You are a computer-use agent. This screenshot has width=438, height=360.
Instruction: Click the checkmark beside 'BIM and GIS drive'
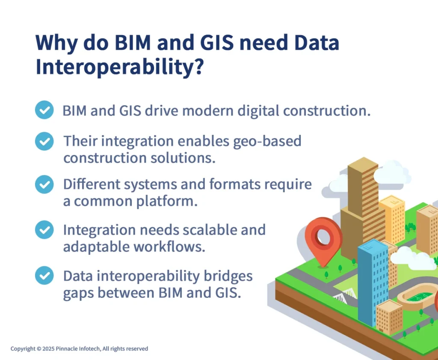(44, 110)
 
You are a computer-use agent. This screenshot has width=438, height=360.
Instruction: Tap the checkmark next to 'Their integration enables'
(44, 141)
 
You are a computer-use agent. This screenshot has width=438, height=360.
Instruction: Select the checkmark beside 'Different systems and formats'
(44, 184)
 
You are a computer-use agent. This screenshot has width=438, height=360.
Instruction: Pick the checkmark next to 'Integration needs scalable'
(44, 230)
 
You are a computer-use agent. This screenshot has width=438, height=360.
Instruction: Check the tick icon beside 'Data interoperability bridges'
(44, 275)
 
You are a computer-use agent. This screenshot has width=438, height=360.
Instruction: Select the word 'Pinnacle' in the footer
(68, 349)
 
